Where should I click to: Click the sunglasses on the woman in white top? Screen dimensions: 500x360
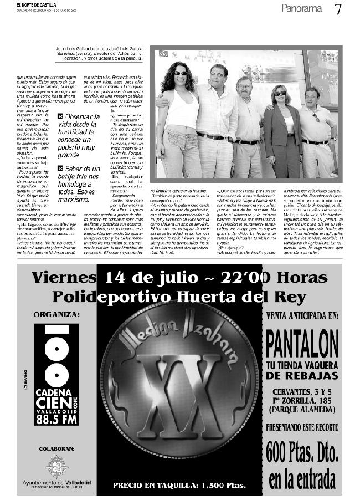[181, 73]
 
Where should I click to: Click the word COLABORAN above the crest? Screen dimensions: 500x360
[56, 447]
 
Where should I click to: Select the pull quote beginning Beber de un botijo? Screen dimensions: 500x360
[80, 180]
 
